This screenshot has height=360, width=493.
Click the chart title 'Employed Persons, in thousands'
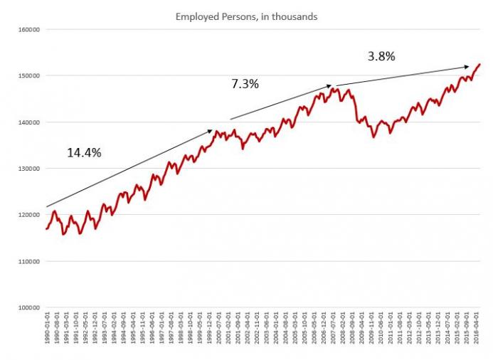tap(246, 15)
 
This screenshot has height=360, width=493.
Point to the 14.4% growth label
tap(84, 152)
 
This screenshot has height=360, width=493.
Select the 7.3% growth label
tap(245, 84)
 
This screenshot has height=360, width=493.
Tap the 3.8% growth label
tap(381, 55)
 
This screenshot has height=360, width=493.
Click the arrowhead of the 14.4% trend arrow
tap(211, 130)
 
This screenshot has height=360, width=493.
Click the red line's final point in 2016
tap(479, 64)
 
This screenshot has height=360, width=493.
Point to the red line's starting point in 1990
tap(46, 228)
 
